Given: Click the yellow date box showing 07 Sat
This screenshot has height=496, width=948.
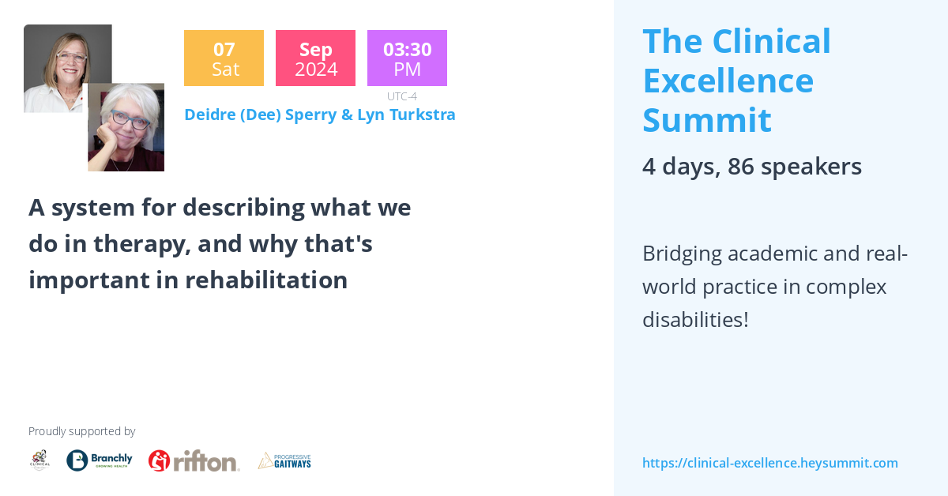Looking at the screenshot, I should pos(224,58).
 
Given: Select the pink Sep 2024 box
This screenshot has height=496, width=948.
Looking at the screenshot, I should pos(315,58).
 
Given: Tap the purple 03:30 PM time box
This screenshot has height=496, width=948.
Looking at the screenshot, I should pos(407,58).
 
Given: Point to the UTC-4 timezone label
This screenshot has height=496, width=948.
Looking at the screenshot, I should pos(401,96).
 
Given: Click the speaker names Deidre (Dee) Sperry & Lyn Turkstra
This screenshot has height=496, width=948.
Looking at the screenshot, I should pos(319,115).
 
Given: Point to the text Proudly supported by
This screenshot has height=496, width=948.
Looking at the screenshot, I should pos(81,431).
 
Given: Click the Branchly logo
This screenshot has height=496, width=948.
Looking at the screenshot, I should pos(100,460).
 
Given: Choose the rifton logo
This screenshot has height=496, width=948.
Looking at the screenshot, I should pos(194,460).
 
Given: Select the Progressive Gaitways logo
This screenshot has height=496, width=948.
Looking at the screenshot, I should pos(284,460).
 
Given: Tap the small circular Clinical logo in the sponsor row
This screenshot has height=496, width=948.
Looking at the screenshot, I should pos(39,460).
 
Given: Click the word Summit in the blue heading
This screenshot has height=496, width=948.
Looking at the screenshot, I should pos(706,120).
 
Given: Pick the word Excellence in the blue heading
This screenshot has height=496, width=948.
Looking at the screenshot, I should pos(728,81).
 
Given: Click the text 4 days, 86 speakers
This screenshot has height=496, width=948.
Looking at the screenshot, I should pos(751,166).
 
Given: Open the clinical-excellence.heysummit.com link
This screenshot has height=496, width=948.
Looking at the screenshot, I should pos(769,463).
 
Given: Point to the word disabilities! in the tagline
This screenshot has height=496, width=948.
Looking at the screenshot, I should pos(695,320).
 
